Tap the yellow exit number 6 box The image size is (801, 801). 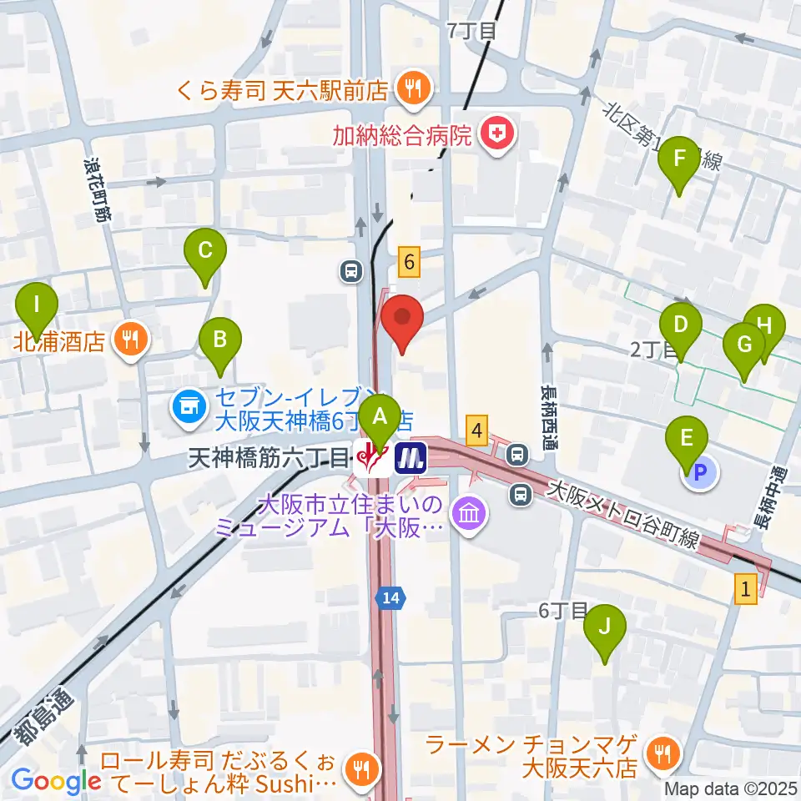pyautogui.click(x=409, y=262)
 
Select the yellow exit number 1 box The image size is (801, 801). pyautogui.click(x=746, y=588)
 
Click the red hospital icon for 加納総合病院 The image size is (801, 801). pyautogui.click(x=498, y=133)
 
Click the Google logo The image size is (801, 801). pyautogui.click(x=57, y=780)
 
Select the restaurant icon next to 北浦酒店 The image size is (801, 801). pyautogui.click(x=132, y=340)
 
